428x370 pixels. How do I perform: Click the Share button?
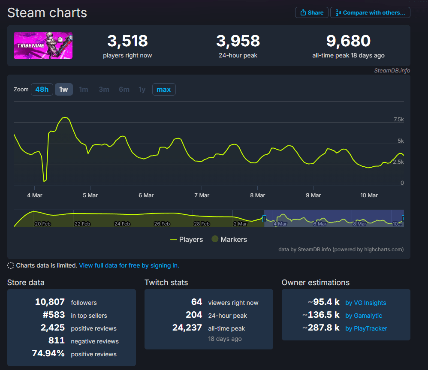pos(312,12)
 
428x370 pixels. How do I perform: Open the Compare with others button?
pos(370,12)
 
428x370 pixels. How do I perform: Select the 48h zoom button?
pos(42,90)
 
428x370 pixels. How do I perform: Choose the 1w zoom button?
pos(63,90)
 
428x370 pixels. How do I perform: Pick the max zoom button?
pos(163,90)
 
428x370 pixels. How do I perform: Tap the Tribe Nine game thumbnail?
pos(43,45)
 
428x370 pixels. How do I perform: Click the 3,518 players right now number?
pos(127,41)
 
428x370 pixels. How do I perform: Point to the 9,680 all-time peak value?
pos(348,41)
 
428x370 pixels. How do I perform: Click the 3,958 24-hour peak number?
pos(238,41)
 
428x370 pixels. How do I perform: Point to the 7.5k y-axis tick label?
pos(398,120)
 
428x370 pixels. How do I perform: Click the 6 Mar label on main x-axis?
pos(146,195)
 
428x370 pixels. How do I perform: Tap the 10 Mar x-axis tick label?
pos(369,195)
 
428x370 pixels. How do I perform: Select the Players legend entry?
pos(187,239)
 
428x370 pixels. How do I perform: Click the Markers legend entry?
pos(229,239)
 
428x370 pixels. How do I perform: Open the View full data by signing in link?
pos(129,265)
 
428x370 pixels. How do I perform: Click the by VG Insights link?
pos(365,303)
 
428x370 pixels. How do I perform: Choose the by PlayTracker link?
pos(366,328)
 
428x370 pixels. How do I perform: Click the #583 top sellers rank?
pos(54,315)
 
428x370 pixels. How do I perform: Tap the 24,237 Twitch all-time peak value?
pos(187,328)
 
